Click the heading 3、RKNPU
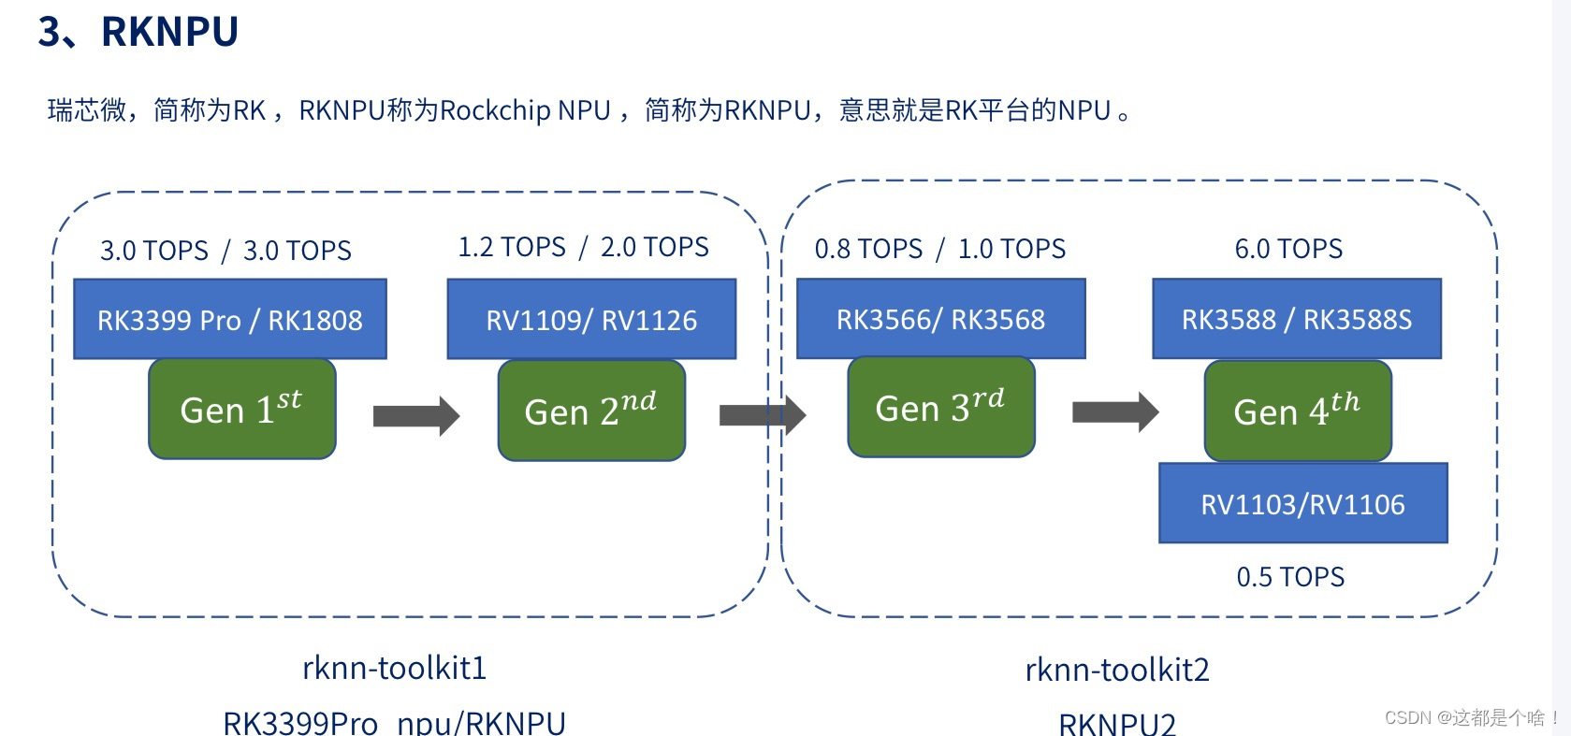[x=138, y=32]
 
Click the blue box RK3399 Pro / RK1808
[x=230, y=320]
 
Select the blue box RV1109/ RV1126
[x=591, y=320]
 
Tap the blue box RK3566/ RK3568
[x=940, y=319]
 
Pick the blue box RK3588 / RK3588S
[x=1297, y=319]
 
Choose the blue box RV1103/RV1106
[x=1302, y=504]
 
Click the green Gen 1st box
[x=241, y=410]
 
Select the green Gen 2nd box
[x=591, y=411]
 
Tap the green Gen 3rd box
[x=940, y=407]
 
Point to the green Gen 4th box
[x=1297, y=411]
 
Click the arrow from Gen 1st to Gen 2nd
[x=415, y=415]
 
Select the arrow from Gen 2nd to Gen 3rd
[x=762, y=414]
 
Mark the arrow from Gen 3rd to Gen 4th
[x=1114, y=411]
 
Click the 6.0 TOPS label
[x=1288, y=249]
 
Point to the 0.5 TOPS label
[x=1290, y=577]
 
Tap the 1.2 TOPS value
[x=512, y=247]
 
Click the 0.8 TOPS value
[x=868, y=249]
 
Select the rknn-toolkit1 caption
[x=394, y=668]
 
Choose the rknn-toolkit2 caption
[x=1117, y=670]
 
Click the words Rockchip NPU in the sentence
[x=524, y=110]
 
